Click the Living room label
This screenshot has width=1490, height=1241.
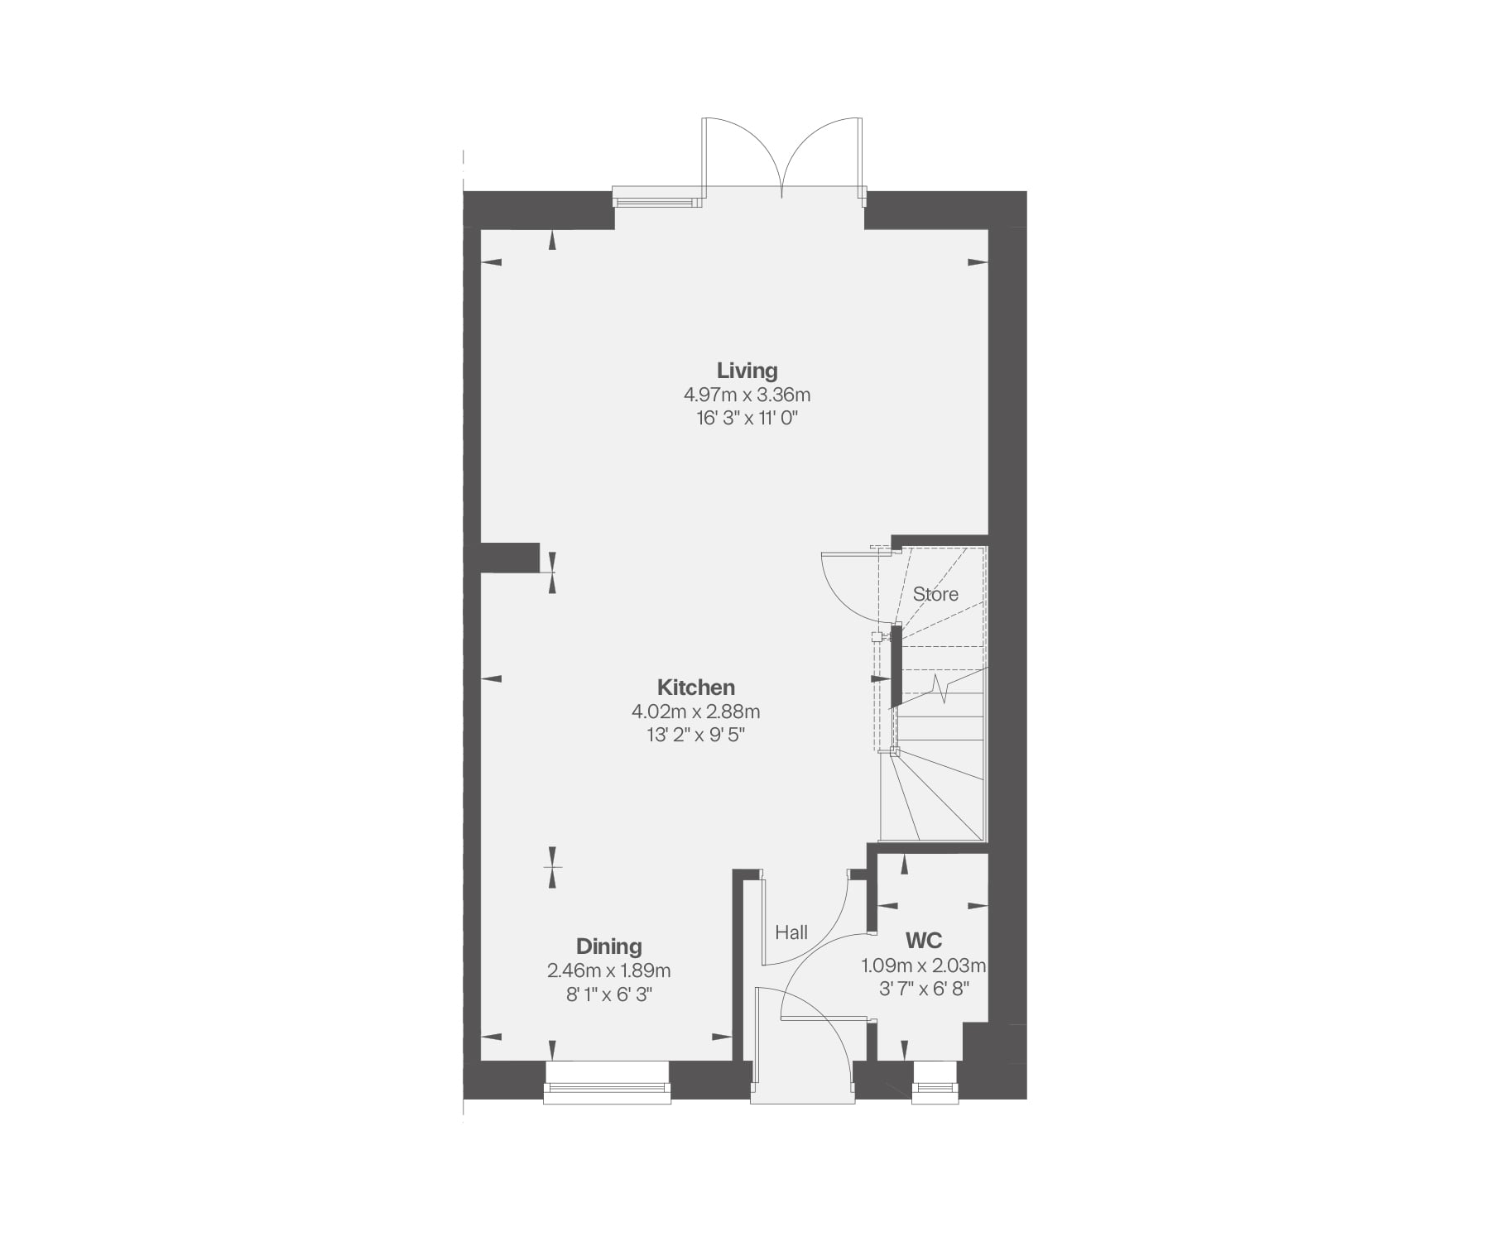[x=747, y=371]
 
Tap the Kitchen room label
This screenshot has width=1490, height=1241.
[x=695, y=688]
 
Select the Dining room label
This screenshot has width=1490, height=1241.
[x=608, y=946]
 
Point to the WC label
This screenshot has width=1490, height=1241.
[x=924, y=941]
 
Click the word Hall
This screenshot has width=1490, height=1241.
[x=791, y=933]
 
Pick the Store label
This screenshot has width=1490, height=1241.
[x=935, y=594]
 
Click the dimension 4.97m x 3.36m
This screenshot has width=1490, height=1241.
[x=747, y=395]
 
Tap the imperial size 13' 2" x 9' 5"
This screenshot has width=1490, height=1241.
[x=695, y=735]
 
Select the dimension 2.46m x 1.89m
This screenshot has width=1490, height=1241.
[x=608, y=970]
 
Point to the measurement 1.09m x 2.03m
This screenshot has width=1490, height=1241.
[x=924, y=965]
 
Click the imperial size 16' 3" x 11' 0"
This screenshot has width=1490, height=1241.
[x=747, y=418]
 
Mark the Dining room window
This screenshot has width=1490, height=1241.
[x=607, y=1082]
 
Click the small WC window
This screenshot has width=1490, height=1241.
[x=935, y=1083]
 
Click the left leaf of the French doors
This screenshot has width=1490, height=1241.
[x=742, y=157]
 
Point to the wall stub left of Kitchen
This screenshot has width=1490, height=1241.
[x=510, y=557]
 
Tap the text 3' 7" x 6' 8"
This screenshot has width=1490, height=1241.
[x=924, y=988]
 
